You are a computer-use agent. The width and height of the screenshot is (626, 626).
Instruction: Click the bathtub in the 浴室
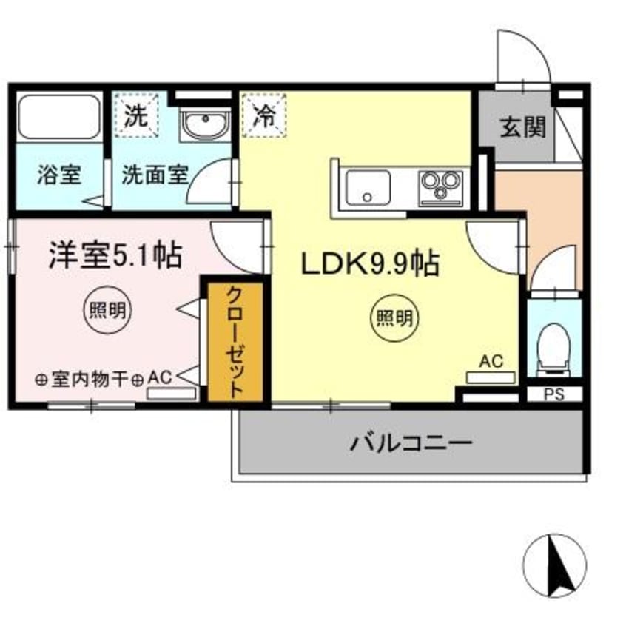[x=58, y=116]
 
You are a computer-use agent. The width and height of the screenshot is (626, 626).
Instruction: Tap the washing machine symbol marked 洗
[x=137, y=117]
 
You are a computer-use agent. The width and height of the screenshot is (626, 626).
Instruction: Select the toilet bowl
[x=553, y=345]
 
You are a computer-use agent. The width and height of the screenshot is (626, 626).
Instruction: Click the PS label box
[x=555, y=394]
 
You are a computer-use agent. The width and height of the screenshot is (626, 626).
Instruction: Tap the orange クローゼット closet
[x=235, y=341]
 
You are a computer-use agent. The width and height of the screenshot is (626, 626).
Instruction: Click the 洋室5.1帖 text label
[x=115, y=255]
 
